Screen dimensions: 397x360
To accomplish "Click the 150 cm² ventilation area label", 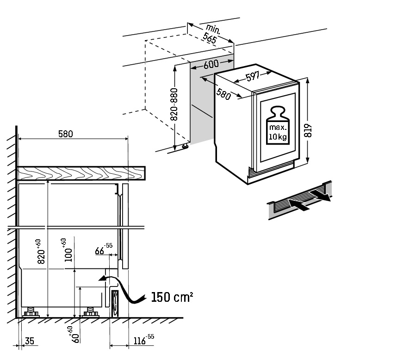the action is [x=172, y=297].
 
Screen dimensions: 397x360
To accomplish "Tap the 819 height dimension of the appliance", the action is [x=308, y=131].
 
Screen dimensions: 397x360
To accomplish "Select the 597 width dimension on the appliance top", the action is [x=253, y=76].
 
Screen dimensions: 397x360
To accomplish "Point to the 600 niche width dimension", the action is [x=211, y=64].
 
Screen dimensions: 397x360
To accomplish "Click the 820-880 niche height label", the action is [x=174, y=104].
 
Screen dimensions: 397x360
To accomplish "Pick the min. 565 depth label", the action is [x=211, y=34].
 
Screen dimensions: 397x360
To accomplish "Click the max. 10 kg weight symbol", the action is [x=278, y=125].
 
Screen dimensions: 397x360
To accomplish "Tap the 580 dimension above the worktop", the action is [x=66, y=134].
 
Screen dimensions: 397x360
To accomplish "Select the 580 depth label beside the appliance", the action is [x=223, y=94].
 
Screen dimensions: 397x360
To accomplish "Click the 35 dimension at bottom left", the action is [x=30, y=341].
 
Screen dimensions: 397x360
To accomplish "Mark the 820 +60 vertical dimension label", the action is [x=40, y=251].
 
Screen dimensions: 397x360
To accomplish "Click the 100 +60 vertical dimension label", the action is [x=66, y=250].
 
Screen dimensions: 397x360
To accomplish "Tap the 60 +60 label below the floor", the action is [x=73, y=335].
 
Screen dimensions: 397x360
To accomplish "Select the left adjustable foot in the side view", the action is [x=31, y=312].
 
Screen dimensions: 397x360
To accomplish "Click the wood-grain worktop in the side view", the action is [x=81, y=173].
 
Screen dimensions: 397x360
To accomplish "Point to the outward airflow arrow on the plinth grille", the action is [x=321, y=195].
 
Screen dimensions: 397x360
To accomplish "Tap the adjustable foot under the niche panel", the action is [x=185, y=146].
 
